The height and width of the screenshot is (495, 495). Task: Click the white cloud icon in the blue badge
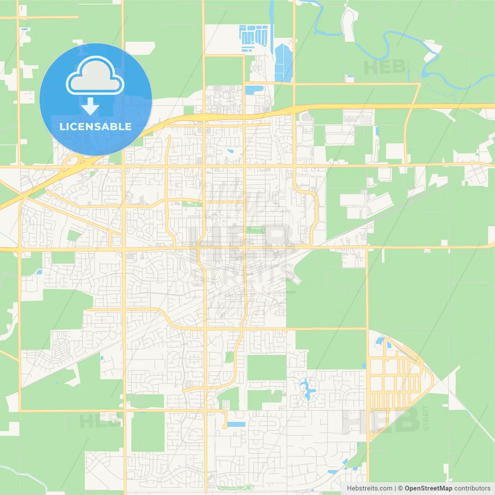pyautogui.click(x=95, y=76)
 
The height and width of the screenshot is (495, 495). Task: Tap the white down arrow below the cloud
pyautogui.click(x=90, y=106)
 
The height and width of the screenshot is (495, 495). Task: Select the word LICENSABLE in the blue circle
pyautogui.click(x=96, y=126)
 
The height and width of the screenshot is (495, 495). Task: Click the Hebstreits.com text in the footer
pyautogui.click(x=369, y=488)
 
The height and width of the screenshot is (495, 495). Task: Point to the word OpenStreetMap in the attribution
pyautogui.click(x=428, y=488)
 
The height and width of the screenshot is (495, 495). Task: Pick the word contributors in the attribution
pyautogui.click(x=472, y=488)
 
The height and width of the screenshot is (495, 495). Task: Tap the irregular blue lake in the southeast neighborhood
pyautogui.click(x=308, y=389)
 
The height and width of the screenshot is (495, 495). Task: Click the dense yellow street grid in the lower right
pyautogui.click(x=394, y=383)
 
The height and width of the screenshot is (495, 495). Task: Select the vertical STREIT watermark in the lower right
pyautogui.click(x=426, y=418)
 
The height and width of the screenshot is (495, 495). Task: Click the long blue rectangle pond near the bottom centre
pyautogui.click(x=236, y=424)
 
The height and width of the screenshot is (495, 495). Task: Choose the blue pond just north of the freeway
pyautogui.click(x=254, y=90)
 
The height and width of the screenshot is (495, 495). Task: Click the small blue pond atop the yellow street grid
pyautogui.click(x=379, y=341)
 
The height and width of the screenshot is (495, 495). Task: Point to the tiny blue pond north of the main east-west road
pyautogui.click(x=230, y=151)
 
